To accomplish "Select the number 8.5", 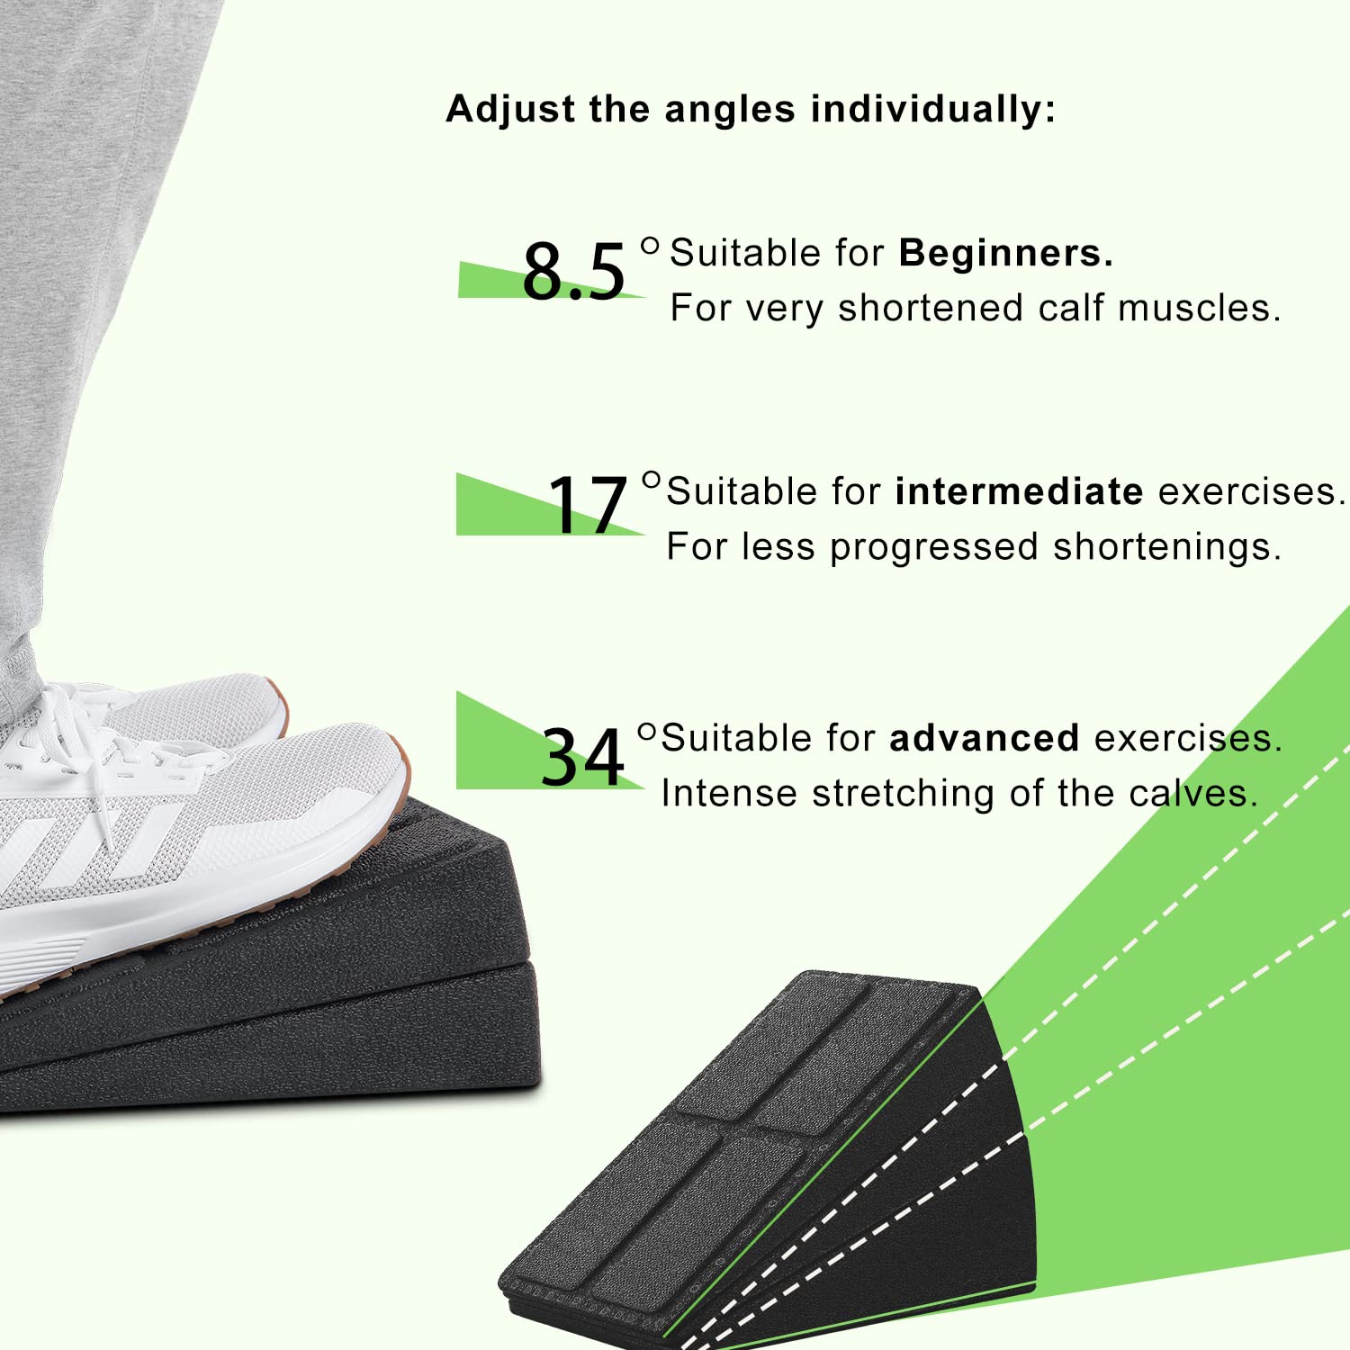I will [x=573, y=271].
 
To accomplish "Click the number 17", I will [x=587, y=505].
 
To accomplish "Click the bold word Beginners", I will [x=1005, y=254].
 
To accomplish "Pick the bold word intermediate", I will [x=1019, y=492].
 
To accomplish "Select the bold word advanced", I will [x=984, y=739].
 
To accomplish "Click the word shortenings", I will [x=1166, y=547].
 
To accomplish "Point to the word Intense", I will [x=729, y=794].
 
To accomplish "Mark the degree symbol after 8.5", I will [x=650, y=246].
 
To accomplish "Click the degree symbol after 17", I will [x=652, y=480].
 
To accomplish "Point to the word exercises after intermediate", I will [x=1251, y=492].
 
